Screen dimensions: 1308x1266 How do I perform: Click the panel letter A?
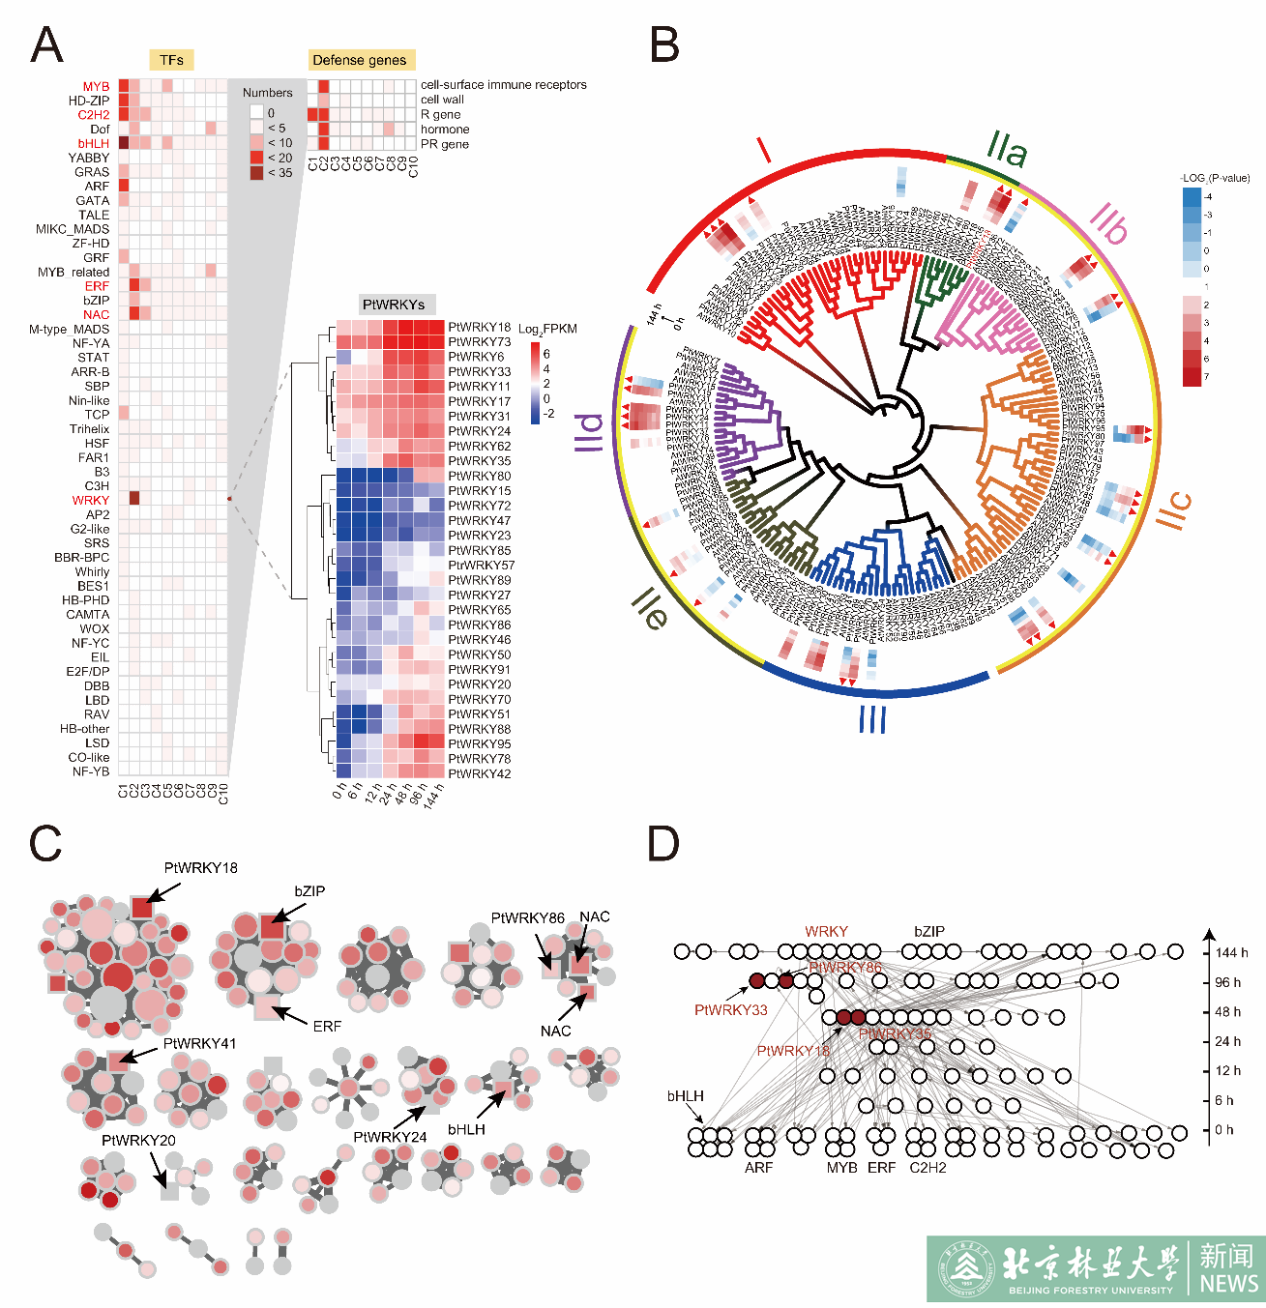46,45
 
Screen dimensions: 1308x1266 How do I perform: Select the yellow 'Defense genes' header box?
360,60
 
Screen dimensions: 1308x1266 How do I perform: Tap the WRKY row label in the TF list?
91,500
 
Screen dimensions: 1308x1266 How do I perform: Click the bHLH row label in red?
94,143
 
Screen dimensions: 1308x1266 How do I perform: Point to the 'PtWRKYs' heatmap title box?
394,305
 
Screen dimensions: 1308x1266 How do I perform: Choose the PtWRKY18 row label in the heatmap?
480,327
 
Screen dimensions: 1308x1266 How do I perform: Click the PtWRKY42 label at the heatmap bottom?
480,773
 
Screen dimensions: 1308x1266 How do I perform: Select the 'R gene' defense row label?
440,114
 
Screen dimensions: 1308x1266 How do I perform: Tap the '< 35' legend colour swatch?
256,173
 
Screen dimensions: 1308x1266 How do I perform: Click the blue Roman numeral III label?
872,719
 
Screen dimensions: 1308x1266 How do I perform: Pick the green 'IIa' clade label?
1007,150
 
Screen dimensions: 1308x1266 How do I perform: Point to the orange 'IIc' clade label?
1175,509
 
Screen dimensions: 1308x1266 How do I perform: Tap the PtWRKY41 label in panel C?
199,1043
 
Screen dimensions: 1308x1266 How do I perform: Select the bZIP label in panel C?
309,890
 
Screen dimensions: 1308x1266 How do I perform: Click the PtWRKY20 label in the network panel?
138,1141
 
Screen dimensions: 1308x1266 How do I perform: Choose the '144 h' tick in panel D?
1231,952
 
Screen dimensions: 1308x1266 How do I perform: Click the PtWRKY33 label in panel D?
730,1010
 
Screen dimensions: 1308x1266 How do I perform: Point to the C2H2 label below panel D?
927,1168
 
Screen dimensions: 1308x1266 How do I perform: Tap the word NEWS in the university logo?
1228,1283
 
